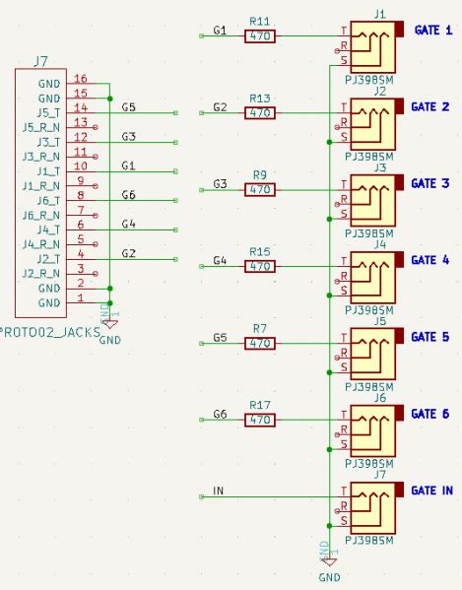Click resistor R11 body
(x=260, y=36)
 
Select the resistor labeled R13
(x=260, y=113)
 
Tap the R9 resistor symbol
(x=260, y=189)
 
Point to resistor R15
(x=260, y=266)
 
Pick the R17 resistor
(x=260, y=420)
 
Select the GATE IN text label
(x=432, y=491)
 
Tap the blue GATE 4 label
(x=430, y=260)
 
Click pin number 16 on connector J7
(x=81, y=79)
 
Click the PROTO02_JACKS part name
(x=50, y=333)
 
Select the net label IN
(x=219, y=491)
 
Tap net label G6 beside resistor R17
(x=220, y=415)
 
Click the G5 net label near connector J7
(x=128, y=106)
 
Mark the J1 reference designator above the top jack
(x=380, y=12)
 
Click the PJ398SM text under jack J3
(x=370, y=233)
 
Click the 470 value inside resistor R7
(x=260, y=344)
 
